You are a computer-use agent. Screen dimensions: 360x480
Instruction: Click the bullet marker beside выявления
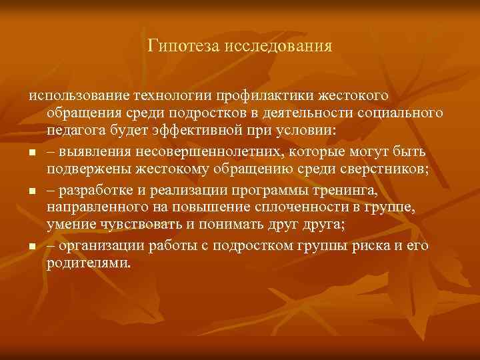click(31, 152)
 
